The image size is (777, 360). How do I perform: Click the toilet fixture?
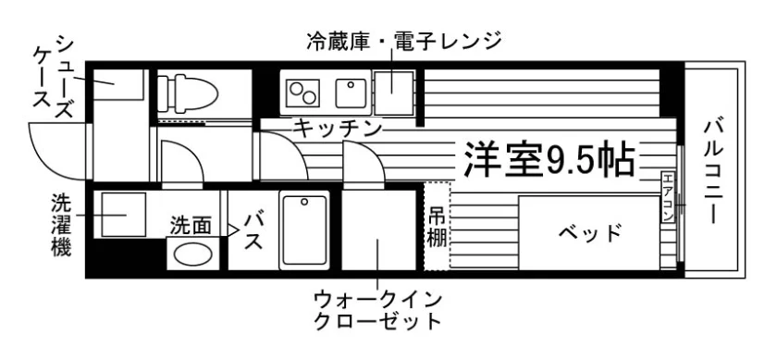[189, 92]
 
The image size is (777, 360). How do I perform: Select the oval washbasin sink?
[193, 254]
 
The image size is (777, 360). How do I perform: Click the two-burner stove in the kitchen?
[302, 91]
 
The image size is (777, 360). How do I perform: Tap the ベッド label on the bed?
[590, 232]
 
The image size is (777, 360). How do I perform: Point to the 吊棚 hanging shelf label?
[437, 225]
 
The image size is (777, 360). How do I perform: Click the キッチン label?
[338, 129]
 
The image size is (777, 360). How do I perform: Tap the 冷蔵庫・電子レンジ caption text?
[404, 41]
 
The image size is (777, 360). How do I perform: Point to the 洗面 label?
[191, 224]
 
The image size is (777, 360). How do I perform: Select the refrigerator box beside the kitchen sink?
[395, 92]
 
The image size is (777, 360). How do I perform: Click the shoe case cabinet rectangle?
[117, 84]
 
